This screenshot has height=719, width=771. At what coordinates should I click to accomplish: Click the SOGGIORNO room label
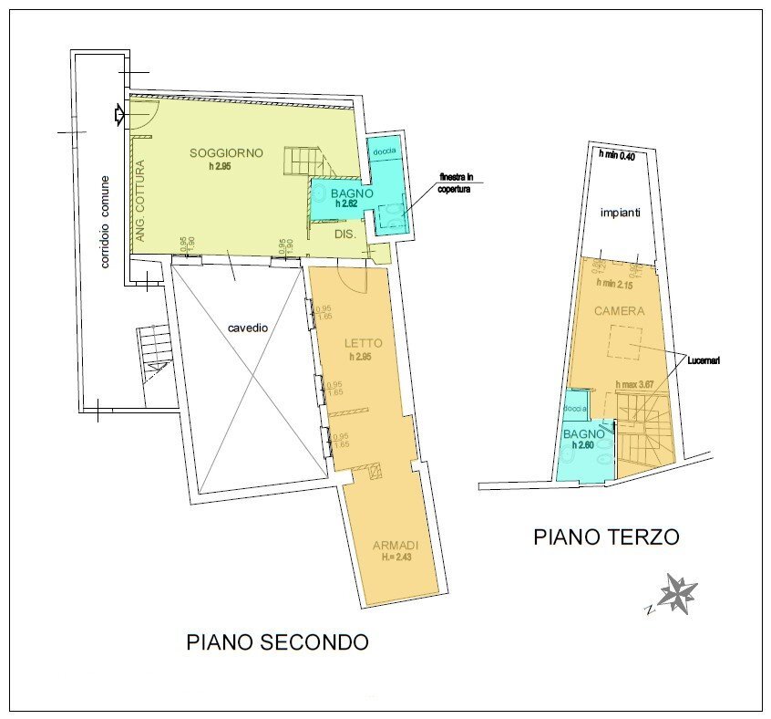point(226,152)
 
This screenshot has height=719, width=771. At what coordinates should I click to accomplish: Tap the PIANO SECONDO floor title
point(277,642)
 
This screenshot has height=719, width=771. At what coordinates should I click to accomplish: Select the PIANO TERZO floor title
point(606,537)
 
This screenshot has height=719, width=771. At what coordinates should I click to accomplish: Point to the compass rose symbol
point(677,594)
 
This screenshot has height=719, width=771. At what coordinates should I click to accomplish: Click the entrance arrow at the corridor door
point(118,114)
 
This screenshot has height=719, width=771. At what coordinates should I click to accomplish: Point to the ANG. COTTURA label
point(140,202)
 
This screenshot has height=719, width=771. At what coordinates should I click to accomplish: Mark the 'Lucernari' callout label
point(703,360)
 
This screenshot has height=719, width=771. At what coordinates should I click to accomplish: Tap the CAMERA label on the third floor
point(619,311)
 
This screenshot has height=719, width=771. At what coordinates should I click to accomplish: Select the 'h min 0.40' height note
point(616,155)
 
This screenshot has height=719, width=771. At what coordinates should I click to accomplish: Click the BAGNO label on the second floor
point(351,193)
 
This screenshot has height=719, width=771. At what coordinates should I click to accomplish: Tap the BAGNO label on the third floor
point(581,433)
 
